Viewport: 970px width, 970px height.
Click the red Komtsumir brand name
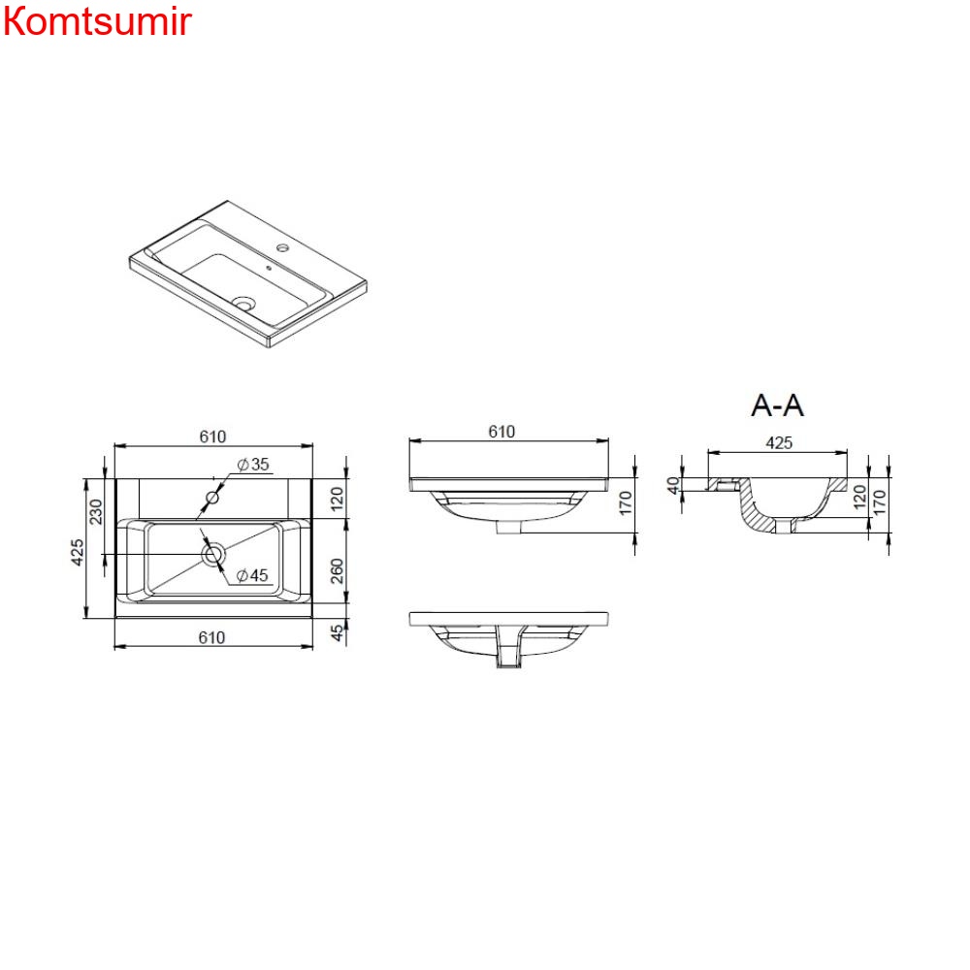coord(97,21)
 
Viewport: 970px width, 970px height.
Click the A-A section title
coord(777,405)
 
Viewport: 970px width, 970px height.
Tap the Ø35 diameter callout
coord(253,464)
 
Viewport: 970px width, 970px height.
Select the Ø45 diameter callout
coord(252,575)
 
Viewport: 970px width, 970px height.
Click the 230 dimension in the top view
coord(96,511)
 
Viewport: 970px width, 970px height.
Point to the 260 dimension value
coord(337,570)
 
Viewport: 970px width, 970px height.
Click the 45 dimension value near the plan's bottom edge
coord(337,632)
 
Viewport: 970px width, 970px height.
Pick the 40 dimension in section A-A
coord(673,485)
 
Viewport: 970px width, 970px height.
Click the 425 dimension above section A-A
coord(779,443)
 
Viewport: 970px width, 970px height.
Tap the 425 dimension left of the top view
coord(77,552)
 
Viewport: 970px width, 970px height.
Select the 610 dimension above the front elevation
coord(501,432)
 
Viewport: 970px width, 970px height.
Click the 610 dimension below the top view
coord(211,637)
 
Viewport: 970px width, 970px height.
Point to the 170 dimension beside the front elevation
coord(626,502)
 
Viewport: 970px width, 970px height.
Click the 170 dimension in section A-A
coord(879,502)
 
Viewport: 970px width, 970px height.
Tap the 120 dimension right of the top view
coord(337,500)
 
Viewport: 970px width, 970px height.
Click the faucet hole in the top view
coord(212,497)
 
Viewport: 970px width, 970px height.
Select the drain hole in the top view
coord(212,554)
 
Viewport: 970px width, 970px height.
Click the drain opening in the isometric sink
coord(244,303)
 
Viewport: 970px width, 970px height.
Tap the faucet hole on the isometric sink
coord(282,247)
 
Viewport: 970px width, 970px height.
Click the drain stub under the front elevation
coord(508,527)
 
